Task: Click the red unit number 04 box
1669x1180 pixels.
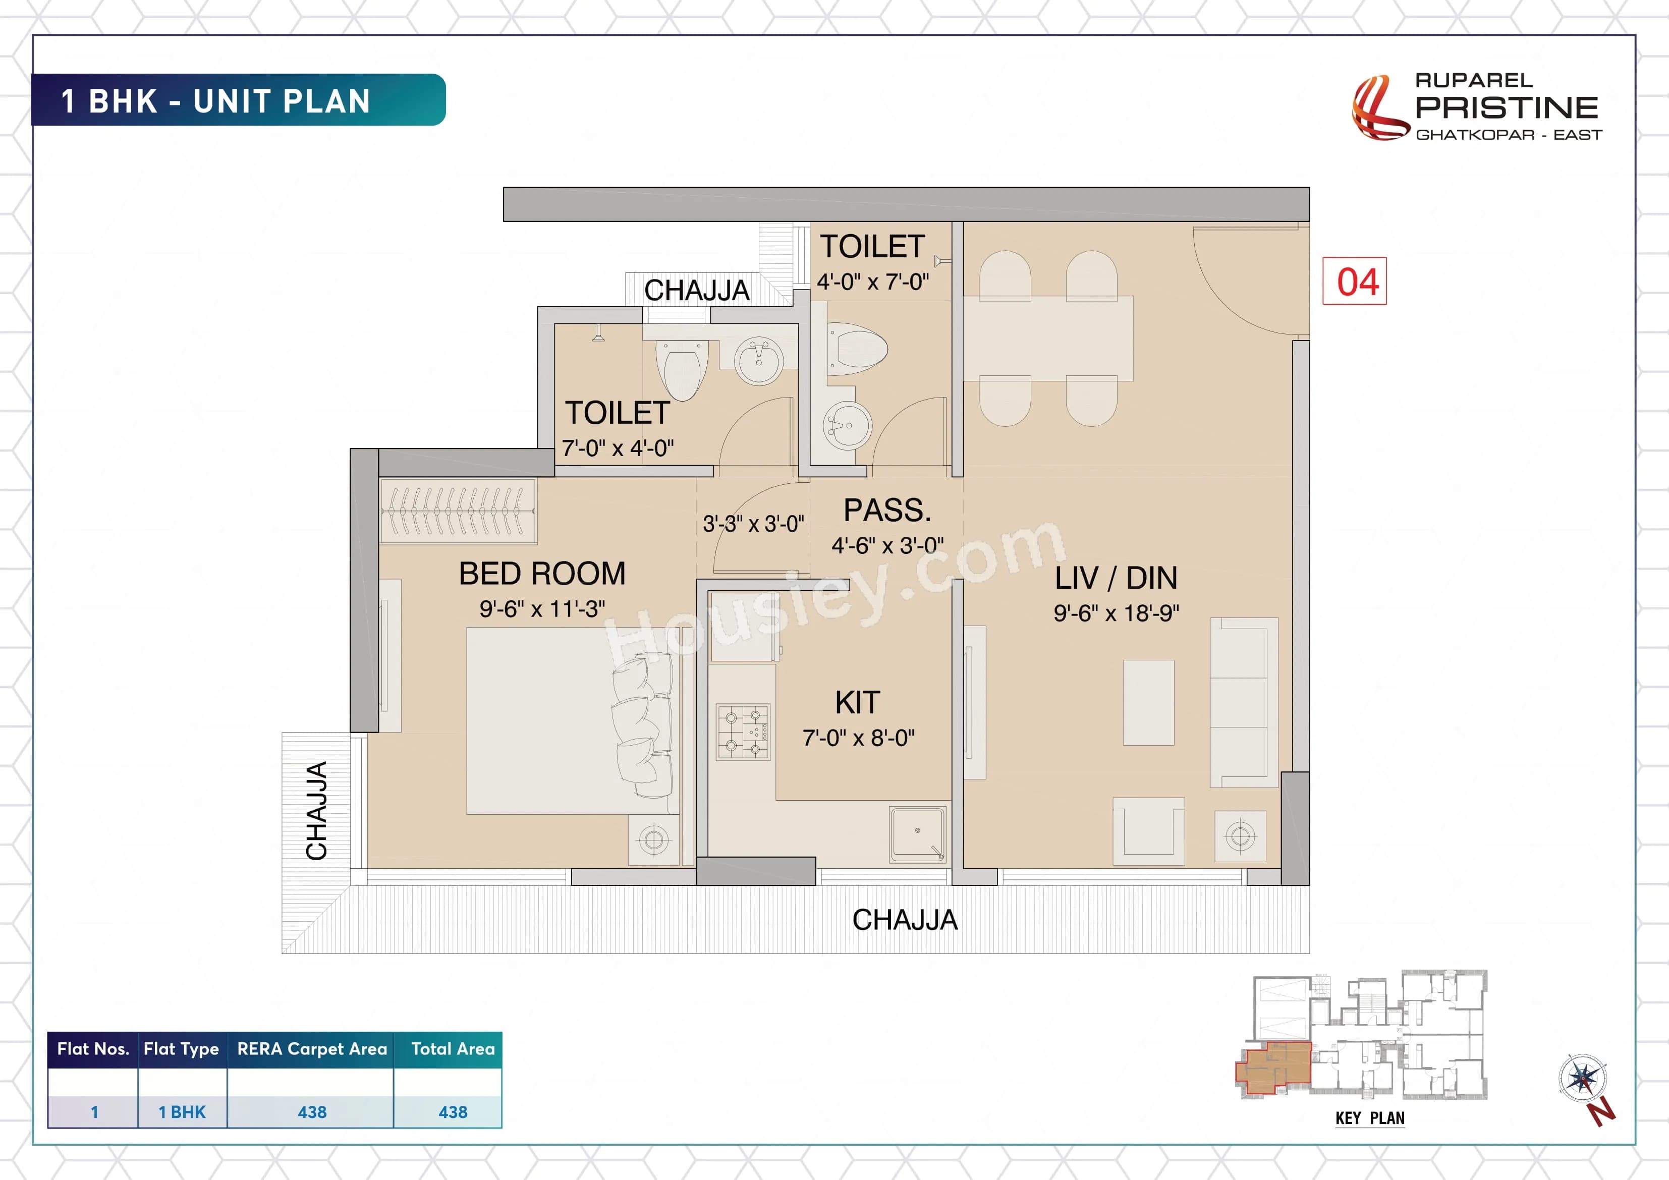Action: [1354, 282]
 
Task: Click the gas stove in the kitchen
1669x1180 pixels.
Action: [742, 732]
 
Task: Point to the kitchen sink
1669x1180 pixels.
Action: [917, 834]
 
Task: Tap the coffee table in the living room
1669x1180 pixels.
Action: [1148, 702]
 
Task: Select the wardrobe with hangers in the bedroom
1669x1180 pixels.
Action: [458, 511]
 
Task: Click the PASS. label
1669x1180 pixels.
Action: [887, 511]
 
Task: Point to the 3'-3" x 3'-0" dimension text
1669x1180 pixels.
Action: [753, 524]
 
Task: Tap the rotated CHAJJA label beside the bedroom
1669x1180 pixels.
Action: [317, 811]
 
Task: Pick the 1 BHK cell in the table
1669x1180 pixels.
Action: [182, 1112]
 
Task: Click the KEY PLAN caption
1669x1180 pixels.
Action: [1369, 1118]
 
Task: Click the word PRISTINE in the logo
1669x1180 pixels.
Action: [1506, 107]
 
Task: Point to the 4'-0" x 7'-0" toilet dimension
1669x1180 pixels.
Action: [872, 282]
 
